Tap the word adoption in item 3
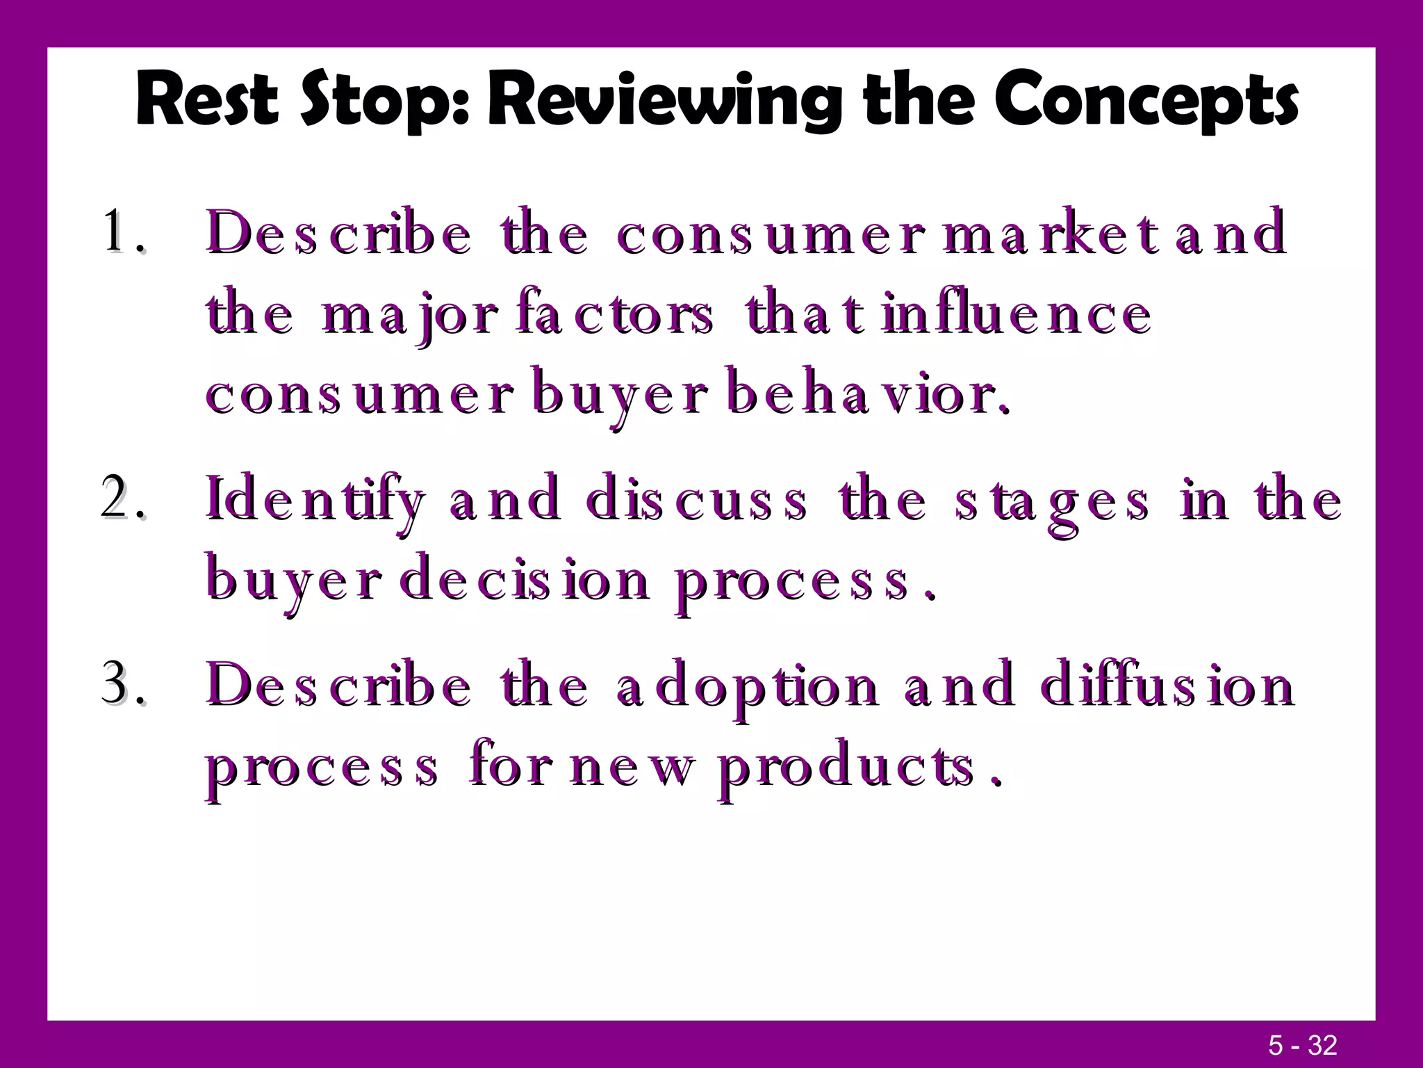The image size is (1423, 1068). coord(747,687)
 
